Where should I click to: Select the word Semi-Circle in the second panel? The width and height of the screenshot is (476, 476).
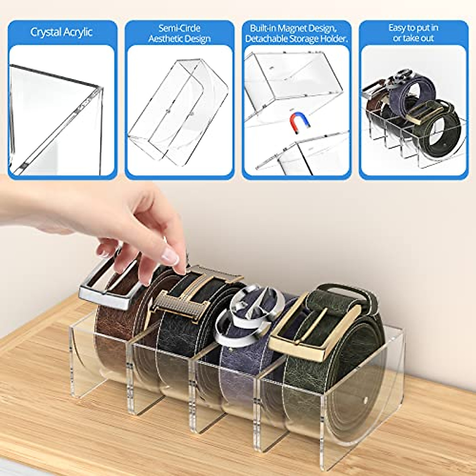(x=179, y=28)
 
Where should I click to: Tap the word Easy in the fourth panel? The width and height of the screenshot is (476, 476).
(x=397, y=28)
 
